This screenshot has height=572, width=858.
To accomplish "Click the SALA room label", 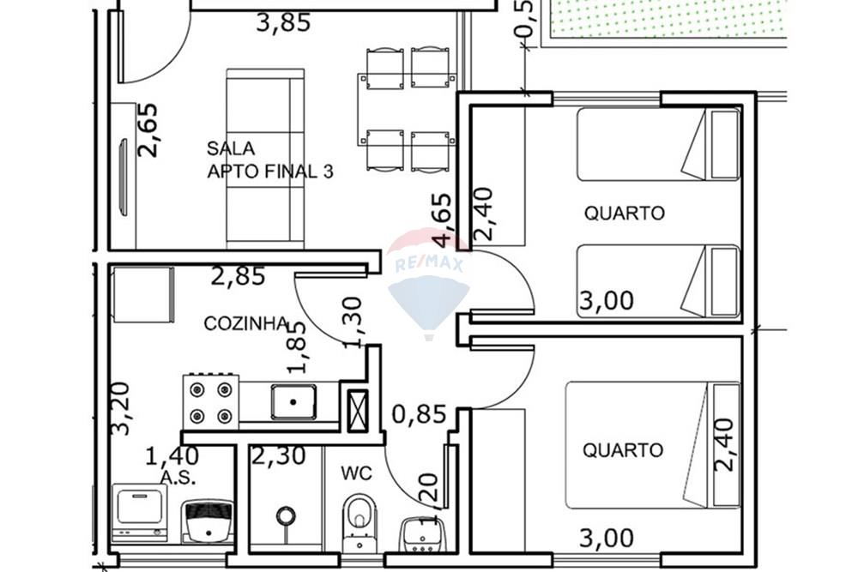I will [x=231, y=148].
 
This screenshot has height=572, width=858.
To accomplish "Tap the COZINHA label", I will [x=245, y=323].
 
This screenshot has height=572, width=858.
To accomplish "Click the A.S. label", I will [x=178, y=477].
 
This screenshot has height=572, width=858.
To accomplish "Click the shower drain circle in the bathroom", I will [x=286, y=515].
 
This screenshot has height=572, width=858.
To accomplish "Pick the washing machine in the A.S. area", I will [x=140, y=512].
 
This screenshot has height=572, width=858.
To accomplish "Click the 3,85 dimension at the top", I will [x=283, y=23].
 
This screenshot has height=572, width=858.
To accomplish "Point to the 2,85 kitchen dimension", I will [x=238, y=277].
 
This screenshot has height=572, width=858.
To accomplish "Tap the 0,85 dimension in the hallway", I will [x=419, y=415].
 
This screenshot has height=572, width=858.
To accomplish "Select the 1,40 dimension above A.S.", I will [x=172, y=455].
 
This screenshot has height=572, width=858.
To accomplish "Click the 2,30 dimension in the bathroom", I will [x=278, y=456].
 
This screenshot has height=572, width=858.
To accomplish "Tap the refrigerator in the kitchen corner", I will [x=144, y=295].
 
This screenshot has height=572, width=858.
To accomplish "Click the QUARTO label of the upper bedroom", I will [x=624, y=213].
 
